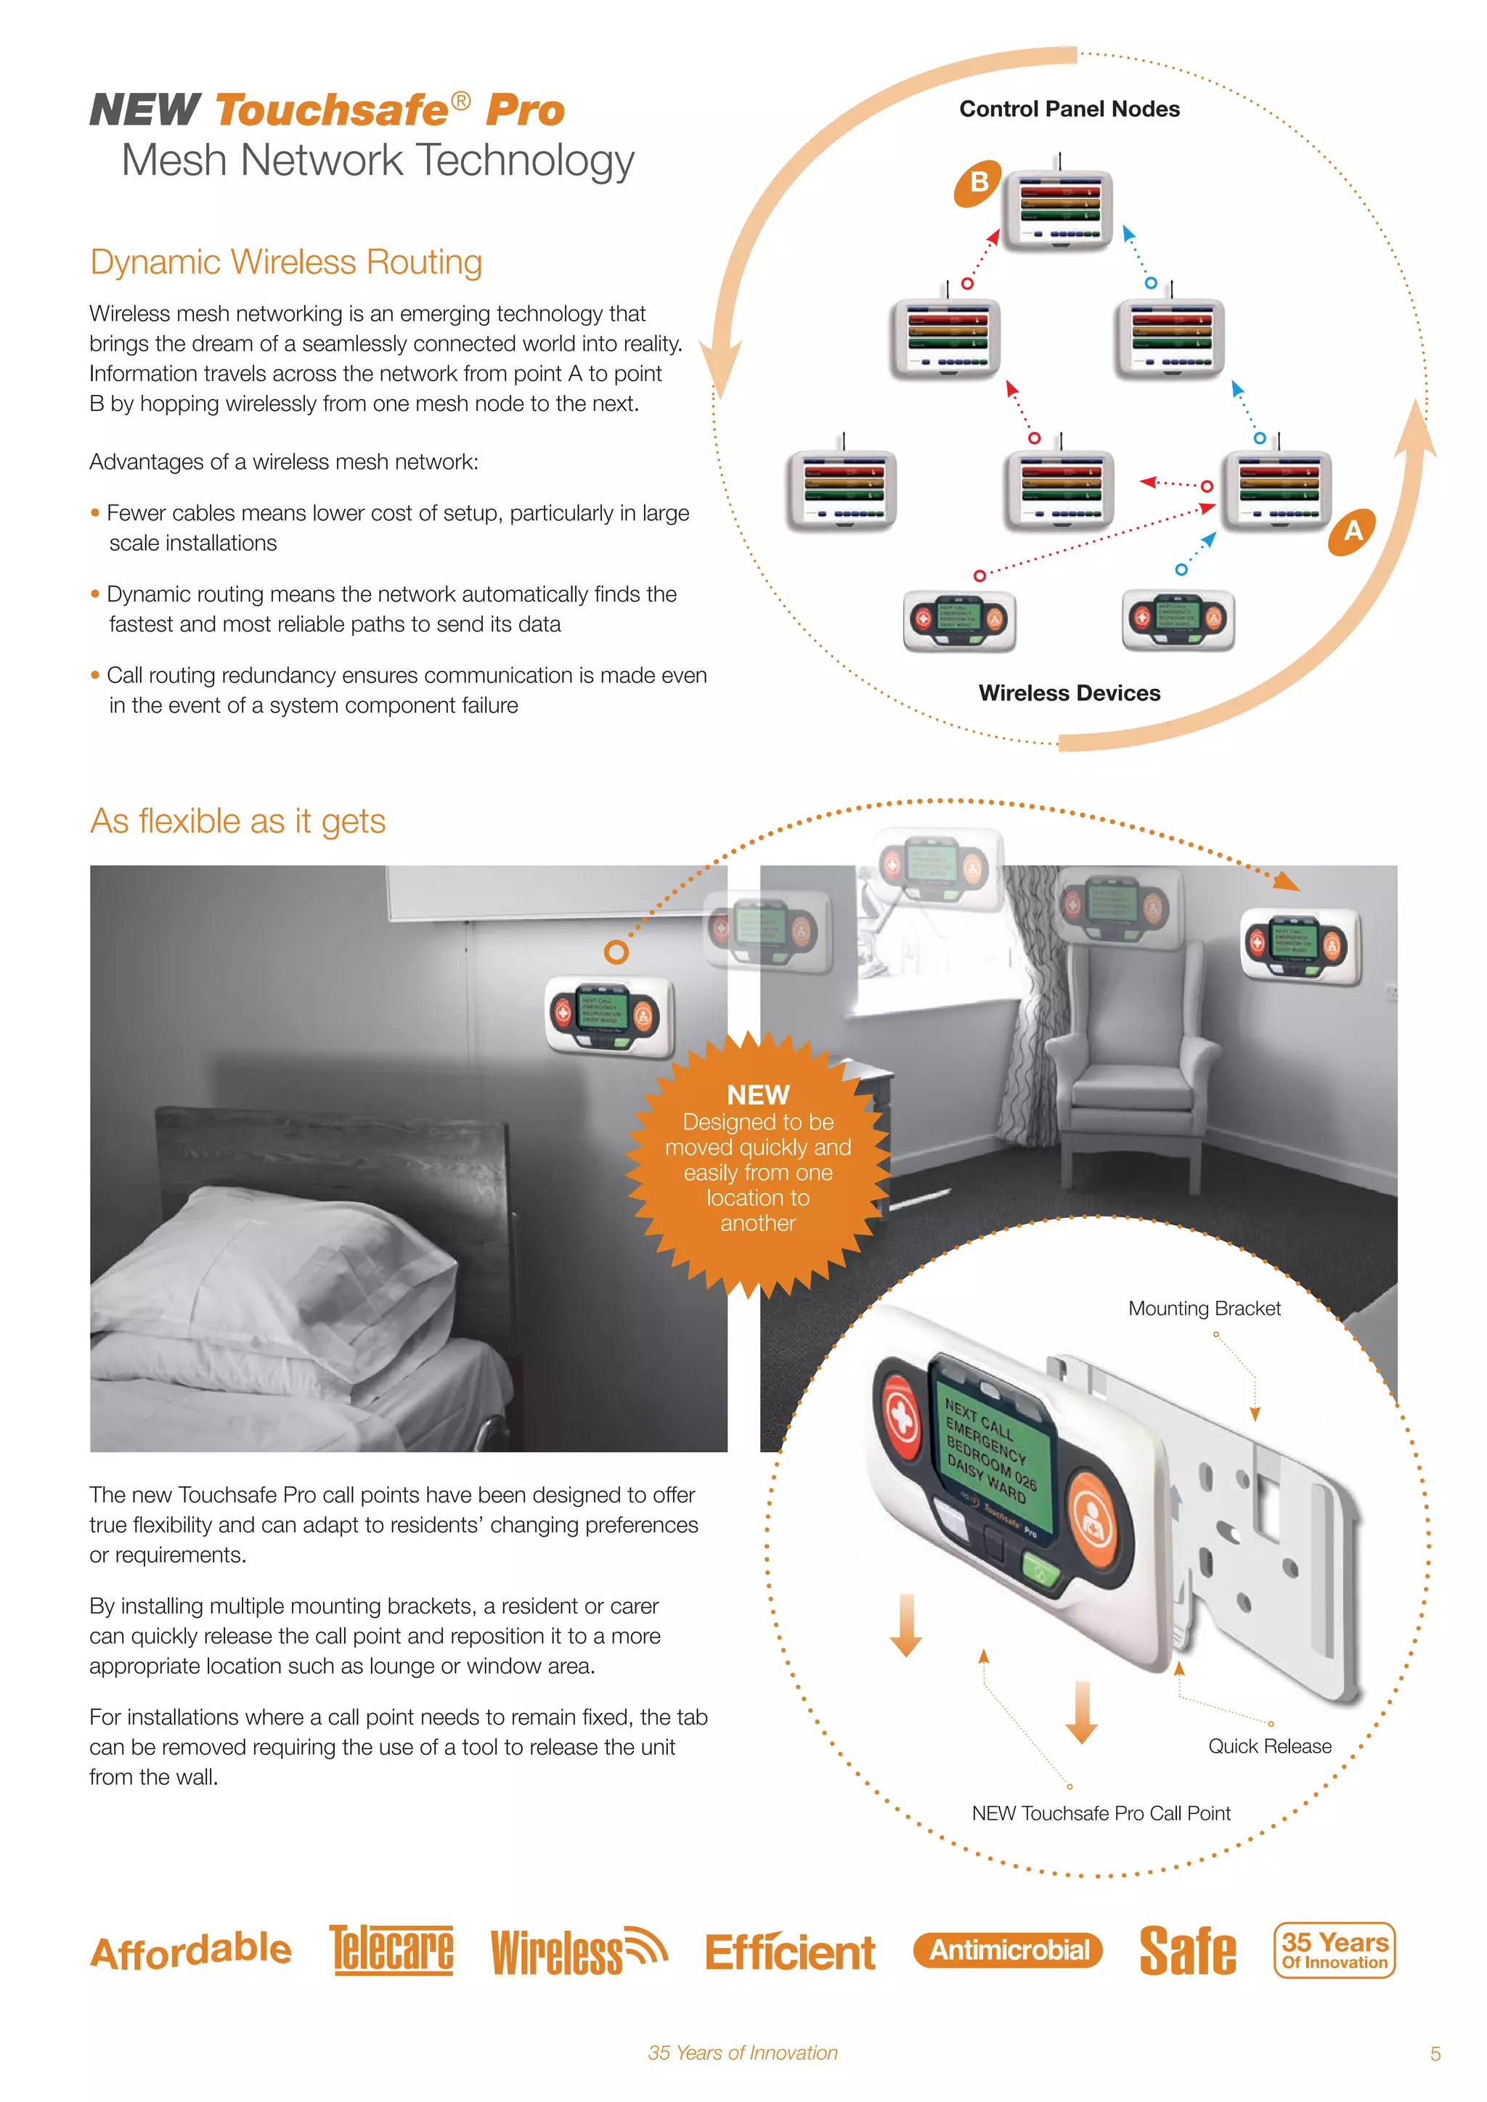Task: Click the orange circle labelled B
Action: pyautogui.click(x=978, y=183)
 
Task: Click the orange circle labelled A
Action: pyautogui.click(x=1353, y=531)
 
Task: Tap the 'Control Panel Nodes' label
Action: pyautogui.click(x=1069, y=110)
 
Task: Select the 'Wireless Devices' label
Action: pyautogui.click(x=1069, y=693)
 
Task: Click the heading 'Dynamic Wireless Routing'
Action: pyautogui.click(x=285, y=262)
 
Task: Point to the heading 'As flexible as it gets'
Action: pyautogui.click(x=237, y=821)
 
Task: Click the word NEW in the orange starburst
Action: pyautogui.click(x=757, y=1095)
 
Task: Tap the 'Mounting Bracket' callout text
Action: pyautogui.click(x=1203, y=1308)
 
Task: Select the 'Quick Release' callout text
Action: pyautogui.click(x=1269, y=1746)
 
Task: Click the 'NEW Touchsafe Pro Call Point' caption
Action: pyautogui.click(x=1101, y=1812)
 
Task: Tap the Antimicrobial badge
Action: pyautogui.click(x=1008, y=1950)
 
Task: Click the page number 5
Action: pyautogui.click(x=1435, y=2053)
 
